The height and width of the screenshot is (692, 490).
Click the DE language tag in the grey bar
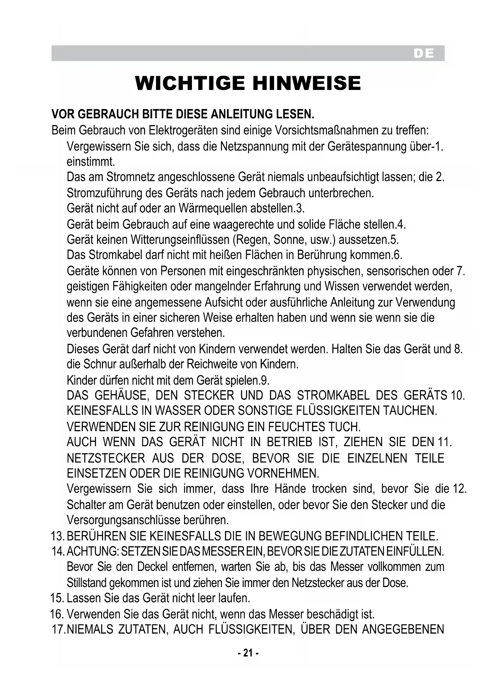(x=424, y=54)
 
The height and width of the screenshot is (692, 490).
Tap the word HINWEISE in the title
(x=306, y=83)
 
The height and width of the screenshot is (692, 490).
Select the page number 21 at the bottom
(x=248, y=653)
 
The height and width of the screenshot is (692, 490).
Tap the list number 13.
(x=58, y=536)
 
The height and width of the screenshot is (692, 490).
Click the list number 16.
(x=57, y=614)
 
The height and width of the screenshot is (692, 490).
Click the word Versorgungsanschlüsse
(x=124, y=520)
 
